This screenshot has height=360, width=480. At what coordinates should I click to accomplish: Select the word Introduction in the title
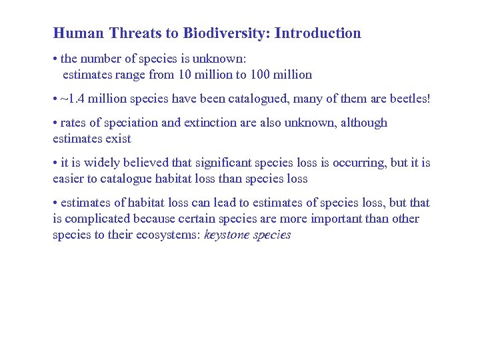(318, 33)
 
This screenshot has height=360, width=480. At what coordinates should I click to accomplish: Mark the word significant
(227, 163)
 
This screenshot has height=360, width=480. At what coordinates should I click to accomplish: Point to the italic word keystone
(227, 235)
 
